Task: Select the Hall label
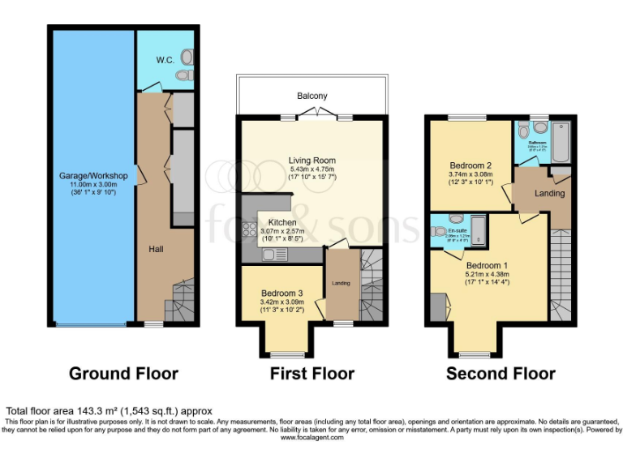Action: tap(157, 249)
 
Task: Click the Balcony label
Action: tap(311, 96)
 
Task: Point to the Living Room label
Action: tap(311, 161)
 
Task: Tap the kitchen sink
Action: tap(275, 254)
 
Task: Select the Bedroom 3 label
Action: tap(281, 293)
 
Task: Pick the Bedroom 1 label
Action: tap(488, 265)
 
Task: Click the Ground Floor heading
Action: tap(123, 374)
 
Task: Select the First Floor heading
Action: tap(312, 374)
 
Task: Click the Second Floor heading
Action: tap(501, 374)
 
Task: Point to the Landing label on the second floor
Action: tap(550, 193)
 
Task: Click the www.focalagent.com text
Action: tap(311, 437)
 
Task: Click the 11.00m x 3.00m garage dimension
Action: tap(92, 185)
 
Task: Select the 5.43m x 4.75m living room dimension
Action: tap(311, 169)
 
